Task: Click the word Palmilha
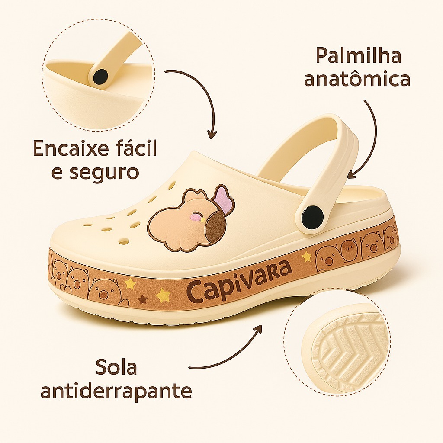[358, 57]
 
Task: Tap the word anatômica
[357, 80]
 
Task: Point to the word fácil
[133, 148]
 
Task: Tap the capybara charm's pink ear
[224, 199]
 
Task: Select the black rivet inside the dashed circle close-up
[100, 77]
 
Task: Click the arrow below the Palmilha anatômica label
[367, 138]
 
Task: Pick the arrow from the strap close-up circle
[199, 100]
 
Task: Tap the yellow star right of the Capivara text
[306, 257]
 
